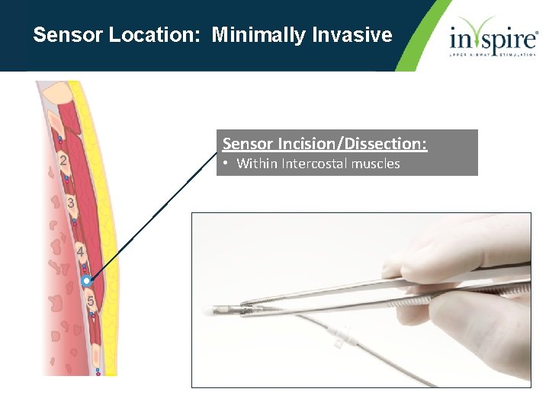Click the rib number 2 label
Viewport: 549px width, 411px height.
coord(63,161)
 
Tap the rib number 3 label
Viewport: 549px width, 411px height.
coord(70,204)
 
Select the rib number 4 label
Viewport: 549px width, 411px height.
coord(80,251)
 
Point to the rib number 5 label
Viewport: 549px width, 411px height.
coord(90,301)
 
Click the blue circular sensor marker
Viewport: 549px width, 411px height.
coord(86,281)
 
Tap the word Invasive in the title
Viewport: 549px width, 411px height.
coord(357,35)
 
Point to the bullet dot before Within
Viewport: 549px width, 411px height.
coord(226,164)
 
